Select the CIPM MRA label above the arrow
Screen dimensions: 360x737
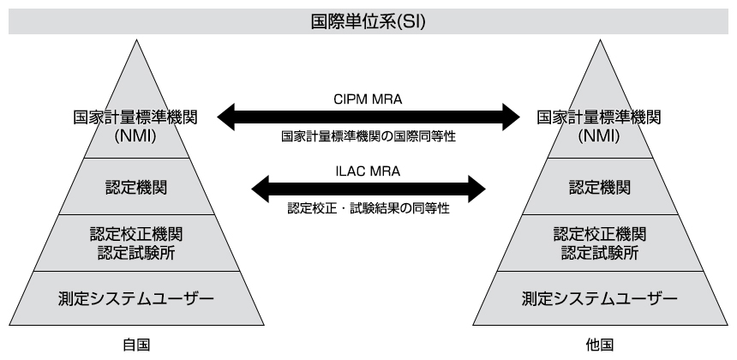368,99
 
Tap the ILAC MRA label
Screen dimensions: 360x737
368,171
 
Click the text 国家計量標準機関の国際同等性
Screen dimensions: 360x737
368,135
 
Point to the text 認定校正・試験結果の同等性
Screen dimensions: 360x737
368,207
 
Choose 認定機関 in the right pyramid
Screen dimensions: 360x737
600,187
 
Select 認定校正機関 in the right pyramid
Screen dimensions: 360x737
600,233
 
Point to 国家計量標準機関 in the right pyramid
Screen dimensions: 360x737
600,117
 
